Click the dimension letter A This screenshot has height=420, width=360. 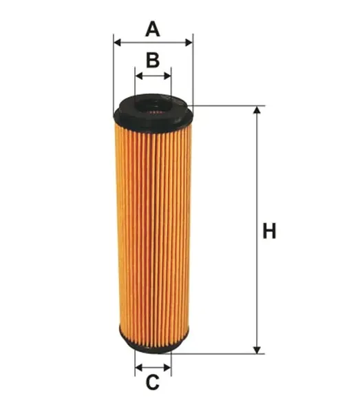tap(153, 29)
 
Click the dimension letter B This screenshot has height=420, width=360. tap(153, 60)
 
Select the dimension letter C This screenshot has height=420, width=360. tap(153, 382)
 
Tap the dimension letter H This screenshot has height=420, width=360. tap(269, 231)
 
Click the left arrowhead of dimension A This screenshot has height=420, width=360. tap(117, 42)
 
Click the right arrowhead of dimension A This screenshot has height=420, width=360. tap(189, 42)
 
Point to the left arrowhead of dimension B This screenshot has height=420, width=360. tap(139, 76)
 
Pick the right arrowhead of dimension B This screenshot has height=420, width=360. tap(167, 76)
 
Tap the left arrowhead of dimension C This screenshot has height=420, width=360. tap(138, 367)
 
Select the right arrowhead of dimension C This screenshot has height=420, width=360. tap(167, 367)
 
